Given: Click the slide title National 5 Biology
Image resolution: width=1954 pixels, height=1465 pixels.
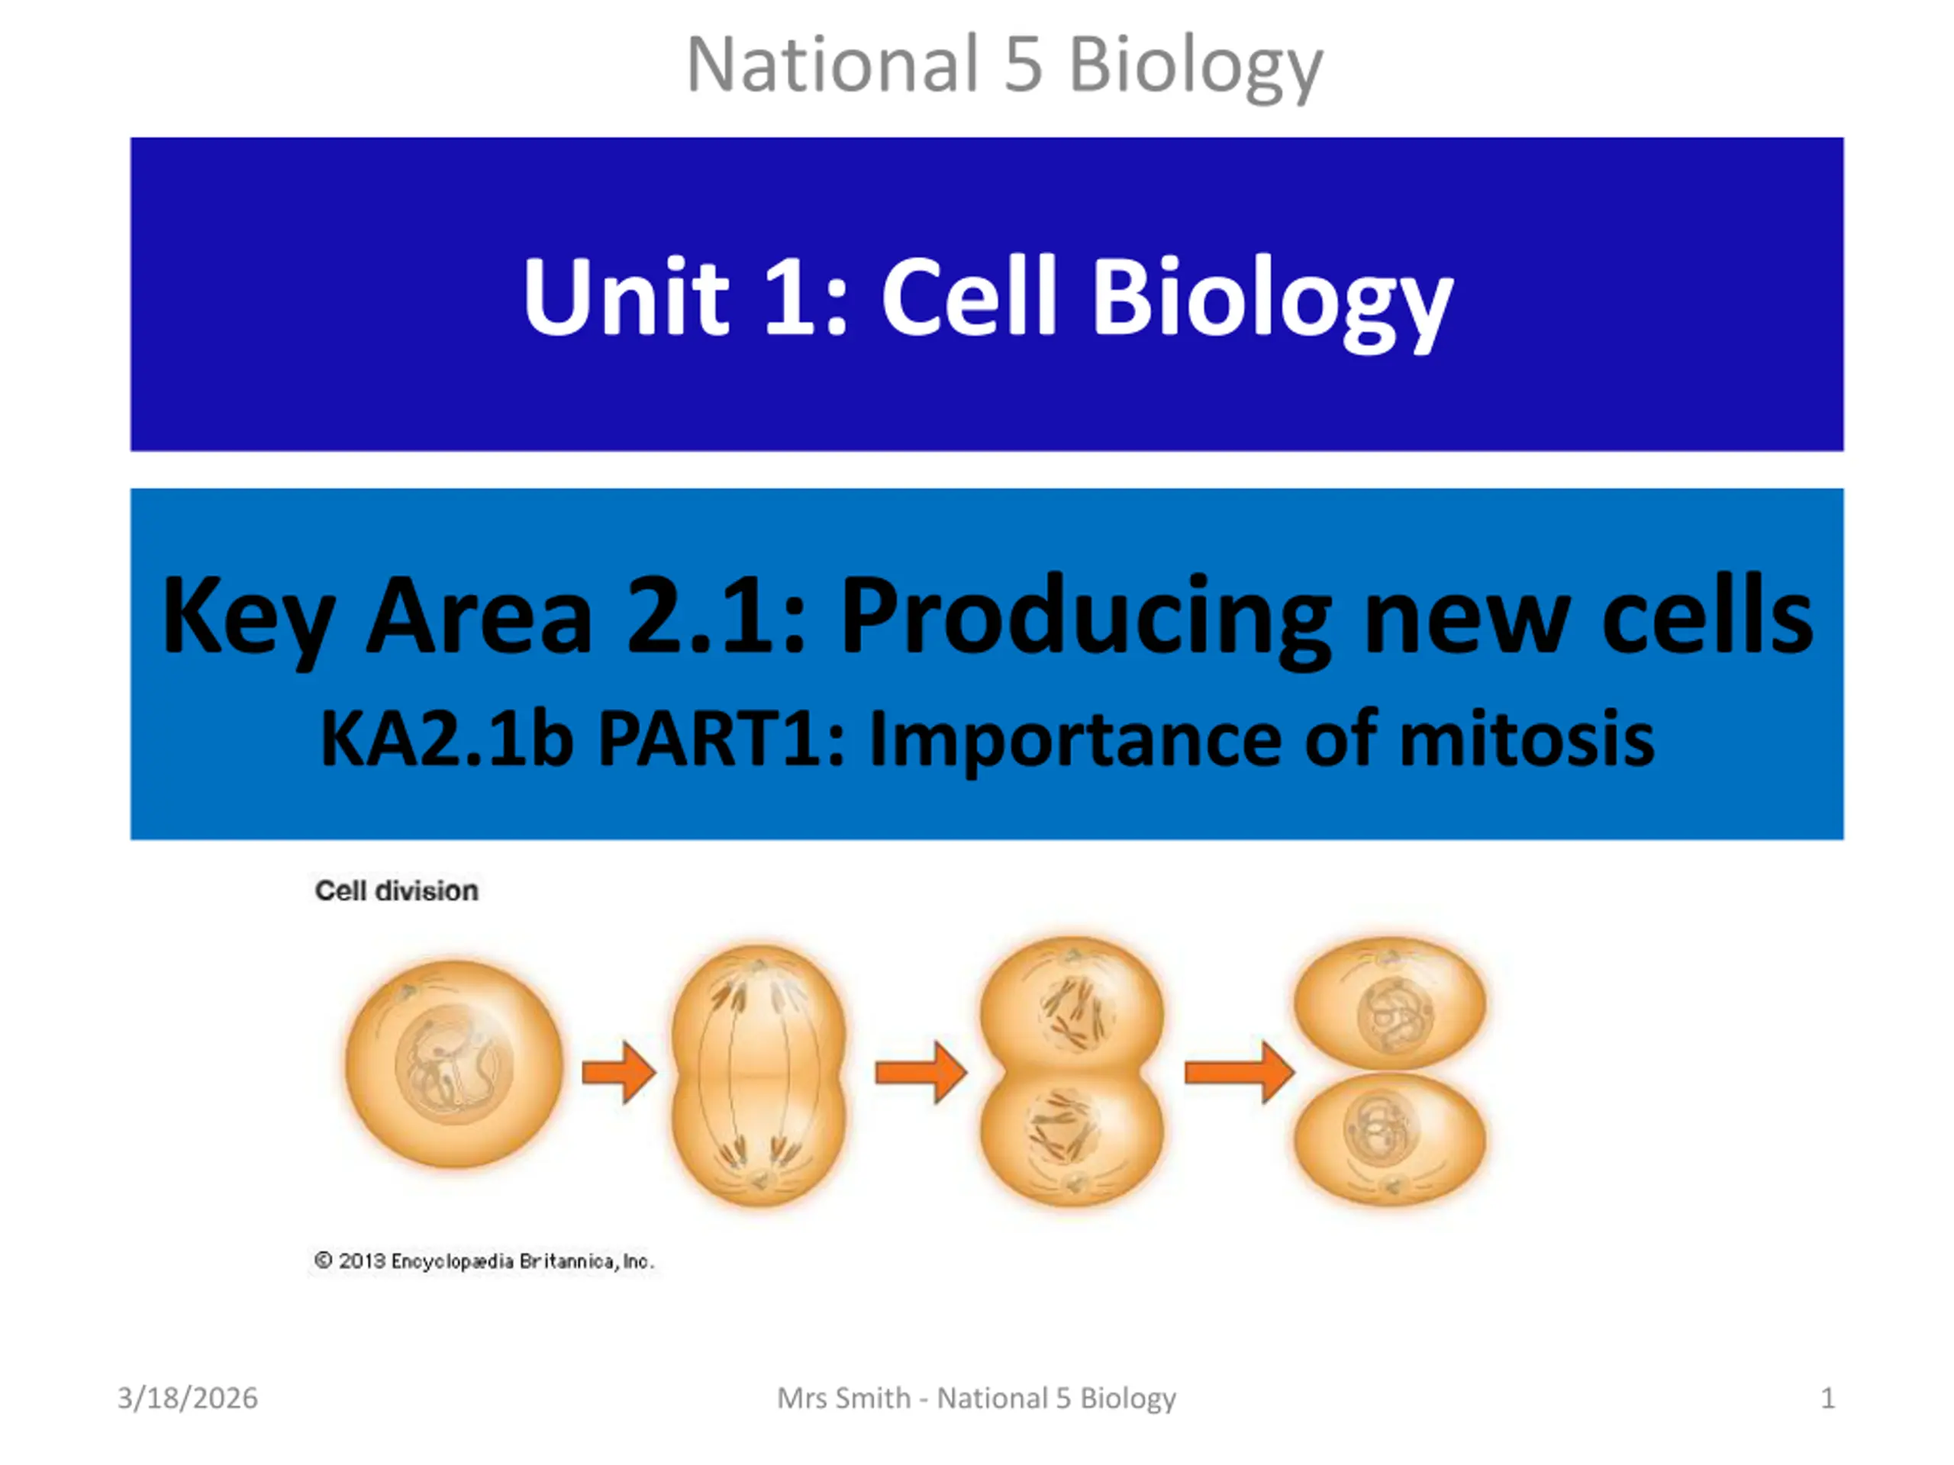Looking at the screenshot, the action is coord(1004,66).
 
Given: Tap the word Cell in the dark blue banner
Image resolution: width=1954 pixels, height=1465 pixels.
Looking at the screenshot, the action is coord(969,296).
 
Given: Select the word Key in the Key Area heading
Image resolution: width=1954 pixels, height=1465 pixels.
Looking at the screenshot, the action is coord(248,617).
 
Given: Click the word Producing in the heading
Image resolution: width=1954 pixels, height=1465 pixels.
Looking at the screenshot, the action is coord(1085,617).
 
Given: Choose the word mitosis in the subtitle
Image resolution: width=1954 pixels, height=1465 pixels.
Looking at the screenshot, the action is coord(1527,739).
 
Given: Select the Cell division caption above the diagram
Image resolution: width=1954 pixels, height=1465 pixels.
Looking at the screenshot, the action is coord(397,890).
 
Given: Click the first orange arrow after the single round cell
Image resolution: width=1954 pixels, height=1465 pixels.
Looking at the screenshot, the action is coord(618,1072).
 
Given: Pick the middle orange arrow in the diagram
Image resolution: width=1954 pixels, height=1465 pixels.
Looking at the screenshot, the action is coord(921,1072).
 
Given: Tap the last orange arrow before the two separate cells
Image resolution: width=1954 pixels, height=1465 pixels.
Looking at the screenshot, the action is coord(1240,1072).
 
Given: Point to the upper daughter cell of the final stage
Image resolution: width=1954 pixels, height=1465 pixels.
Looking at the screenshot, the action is coord(1389,1003).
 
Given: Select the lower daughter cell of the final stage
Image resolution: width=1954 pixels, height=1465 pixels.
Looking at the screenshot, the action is coord(1389,1139).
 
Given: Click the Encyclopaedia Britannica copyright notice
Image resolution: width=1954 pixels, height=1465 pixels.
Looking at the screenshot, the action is coord(484,1261).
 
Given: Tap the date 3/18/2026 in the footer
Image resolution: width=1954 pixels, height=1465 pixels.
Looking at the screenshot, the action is coord(187,1398).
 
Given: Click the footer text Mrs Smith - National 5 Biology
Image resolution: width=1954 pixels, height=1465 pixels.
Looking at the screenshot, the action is coord(976,1399).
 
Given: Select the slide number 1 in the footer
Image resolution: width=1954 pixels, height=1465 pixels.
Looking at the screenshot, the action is coord(1828,1398).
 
